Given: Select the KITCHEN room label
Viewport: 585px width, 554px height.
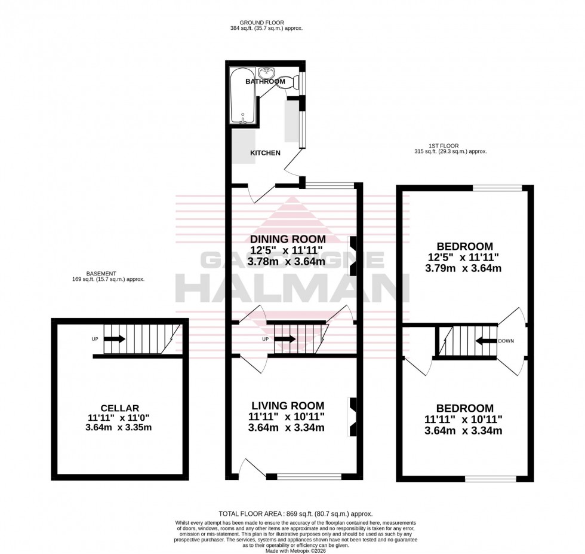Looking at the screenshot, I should pos(265,153).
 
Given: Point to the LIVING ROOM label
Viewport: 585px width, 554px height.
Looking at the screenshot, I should pos(288,405).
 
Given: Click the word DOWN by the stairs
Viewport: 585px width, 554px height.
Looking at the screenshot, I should pos(506,341).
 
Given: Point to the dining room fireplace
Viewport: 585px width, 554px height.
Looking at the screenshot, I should pos(353,255).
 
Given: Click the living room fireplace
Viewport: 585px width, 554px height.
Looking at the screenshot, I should pos(353,417).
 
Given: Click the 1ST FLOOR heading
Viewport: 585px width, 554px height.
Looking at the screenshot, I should pos(444,145).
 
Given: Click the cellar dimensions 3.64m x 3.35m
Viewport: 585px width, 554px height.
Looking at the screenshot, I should pos(121,427).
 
